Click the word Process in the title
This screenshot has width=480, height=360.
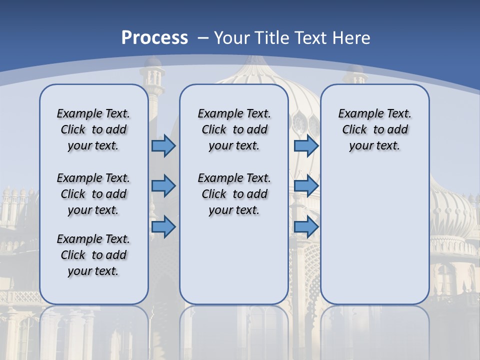coord(154,38)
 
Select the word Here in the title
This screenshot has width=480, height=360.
coord(353,38)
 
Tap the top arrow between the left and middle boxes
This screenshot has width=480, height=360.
coord(163,145)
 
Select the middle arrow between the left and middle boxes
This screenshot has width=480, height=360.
coord(163,186)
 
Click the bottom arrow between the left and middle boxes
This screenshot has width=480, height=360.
coord(163,227)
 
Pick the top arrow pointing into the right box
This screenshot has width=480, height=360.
coord(306,145)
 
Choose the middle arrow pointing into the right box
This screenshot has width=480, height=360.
coord(306,186)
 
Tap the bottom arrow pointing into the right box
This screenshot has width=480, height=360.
coord(306,227)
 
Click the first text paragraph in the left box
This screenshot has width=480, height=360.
coord(93,129)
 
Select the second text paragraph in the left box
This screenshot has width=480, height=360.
coord(93,194)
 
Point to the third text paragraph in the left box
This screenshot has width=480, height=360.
coord(93,255)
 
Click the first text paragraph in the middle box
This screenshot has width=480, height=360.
coord(234,129)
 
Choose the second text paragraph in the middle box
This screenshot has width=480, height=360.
coord(234,194)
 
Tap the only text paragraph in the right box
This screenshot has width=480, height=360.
coord(374,129)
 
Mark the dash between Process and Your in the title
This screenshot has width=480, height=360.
coord(202,38)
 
